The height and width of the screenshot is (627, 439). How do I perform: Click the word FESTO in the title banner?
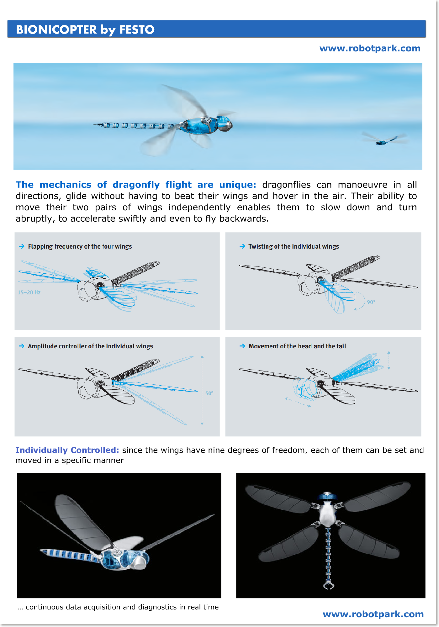tap(137, 30)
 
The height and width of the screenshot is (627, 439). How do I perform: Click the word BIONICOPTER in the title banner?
tap(56, 30)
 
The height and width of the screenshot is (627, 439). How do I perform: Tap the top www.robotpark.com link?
tap(370, 48)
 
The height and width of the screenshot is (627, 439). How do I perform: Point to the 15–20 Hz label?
tap(29, 292)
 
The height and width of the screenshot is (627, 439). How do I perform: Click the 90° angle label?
tap(371, 302)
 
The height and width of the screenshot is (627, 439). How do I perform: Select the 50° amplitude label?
tap(209, 393)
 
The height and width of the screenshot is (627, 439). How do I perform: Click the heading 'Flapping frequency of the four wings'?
tap(80, 246)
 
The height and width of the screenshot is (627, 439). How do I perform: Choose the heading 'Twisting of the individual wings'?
tap(294, 246)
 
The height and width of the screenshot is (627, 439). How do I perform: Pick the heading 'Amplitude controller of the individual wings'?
tap(90, 346)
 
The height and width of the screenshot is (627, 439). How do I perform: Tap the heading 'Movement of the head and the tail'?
tap(297, 346)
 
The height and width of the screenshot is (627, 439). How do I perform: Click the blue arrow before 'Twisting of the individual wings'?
tap(242, 246)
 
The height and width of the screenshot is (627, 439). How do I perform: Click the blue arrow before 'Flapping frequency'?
tap(22, 246)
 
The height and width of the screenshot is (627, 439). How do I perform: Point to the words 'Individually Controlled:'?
tap(67, 450)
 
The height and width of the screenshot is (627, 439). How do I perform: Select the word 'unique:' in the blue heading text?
tap(237, 185)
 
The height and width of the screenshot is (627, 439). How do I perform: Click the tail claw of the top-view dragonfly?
tap(328, 585)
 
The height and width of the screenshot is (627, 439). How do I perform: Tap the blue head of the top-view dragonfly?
tap(327, 496)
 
